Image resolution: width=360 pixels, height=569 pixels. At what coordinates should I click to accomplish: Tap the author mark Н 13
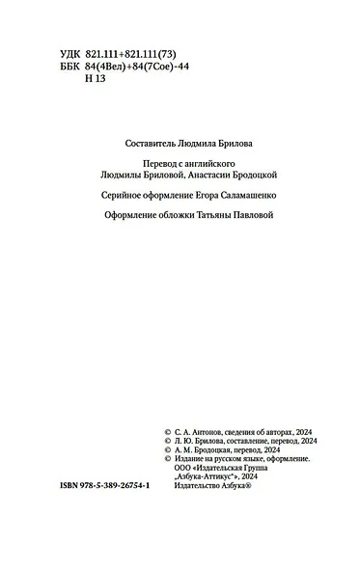tap(94, 79)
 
